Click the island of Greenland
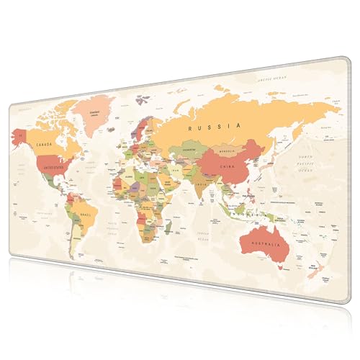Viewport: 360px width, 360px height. pos(98,115)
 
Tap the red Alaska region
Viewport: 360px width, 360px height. pos(22,135)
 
